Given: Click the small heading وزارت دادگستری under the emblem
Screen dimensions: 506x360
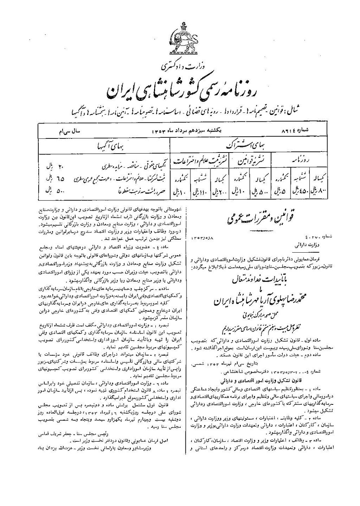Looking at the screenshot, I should click(x=180, y=66).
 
